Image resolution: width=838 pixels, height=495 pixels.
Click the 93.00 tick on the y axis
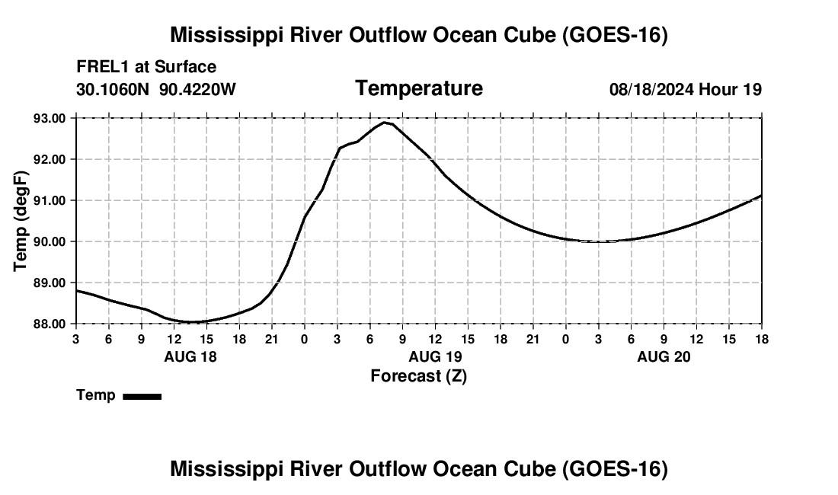click(50, 118)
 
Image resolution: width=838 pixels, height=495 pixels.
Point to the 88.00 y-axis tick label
click(50, 324)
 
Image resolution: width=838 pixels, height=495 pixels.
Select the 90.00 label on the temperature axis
click(50, 241)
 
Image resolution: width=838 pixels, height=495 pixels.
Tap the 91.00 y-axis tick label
click(50, 200)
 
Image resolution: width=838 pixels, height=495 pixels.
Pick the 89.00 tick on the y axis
click(50, 283)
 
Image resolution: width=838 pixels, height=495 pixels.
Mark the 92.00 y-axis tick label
click(50, 159)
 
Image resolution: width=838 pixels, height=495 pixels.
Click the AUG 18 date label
click(190, 356)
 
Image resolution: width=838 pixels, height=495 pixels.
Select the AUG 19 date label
click(435, 356)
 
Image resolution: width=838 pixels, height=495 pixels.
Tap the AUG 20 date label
click(664, 356)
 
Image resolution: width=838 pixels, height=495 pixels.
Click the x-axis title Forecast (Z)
click(419, 376)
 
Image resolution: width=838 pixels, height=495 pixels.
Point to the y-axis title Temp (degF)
click(21, 221)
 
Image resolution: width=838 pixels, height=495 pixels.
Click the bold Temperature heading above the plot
click(419, 88)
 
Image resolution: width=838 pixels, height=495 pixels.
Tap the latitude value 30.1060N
click(112, 89)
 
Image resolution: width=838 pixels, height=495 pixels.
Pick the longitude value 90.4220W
click(197, 89)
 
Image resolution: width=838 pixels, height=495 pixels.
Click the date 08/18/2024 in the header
click(651, 89)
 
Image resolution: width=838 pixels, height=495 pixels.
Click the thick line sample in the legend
click(142, 396)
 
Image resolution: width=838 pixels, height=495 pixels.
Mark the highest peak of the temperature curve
click(384, 123)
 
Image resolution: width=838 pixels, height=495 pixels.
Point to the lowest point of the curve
click(190, 322)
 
